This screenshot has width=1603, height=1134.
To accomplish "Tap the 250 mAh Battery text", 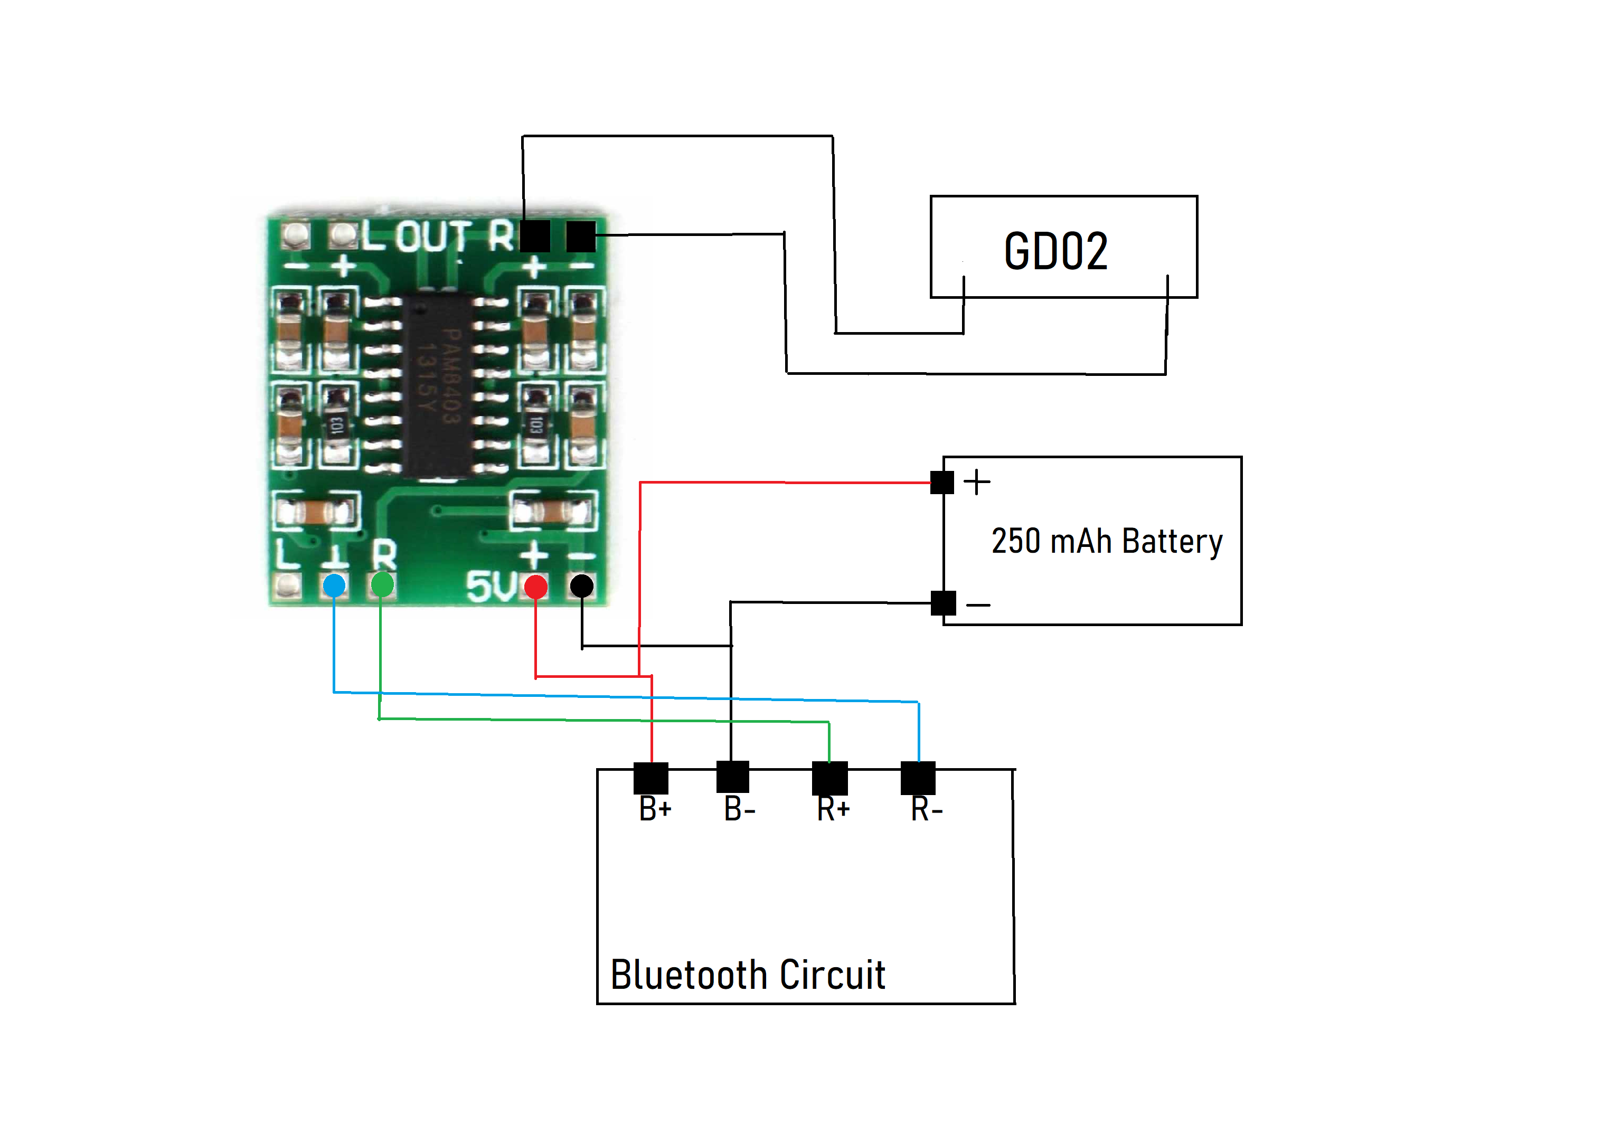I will click(1107, 542).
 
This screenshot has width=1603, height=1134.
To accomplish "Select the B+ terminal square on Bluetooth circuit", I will click(650, 778).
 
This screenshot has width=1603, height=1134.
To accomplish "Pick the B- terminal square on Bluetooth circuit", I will click(732, 777).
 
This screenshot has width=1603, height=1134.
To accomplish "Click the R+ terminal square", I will click(829, 778).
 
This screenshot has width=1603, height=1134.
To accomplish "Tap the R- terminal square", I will click(918, 778).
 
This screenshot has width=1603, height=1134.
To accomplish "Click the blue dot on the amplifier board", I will click(334, 585).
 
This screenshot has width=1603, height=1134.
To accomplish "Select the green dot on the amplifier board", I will click(382, 584).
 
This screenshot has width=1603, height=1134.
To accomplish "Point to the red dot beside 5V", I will click(535, 587).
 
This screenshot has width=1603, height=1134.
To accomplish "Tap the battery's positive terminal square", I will click(942, 483).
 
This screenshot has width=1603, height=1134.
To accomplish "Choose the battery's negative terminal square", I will click(942, 602).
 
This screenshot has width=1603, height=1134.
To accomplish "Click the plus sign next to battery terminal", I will click(977, 482).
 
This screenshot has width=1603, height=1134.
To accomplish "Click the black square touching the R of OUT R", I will click(535, 236).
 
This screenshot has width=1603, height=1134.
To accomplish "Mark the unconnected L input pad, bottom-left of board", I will click(287, 585).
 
